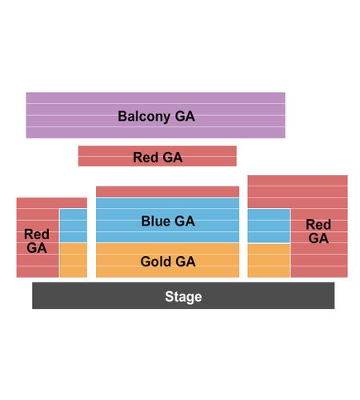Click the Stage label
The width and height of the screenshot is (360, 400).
[x=183, y=297]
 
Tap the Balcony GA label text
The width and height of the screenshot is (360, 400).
[x=156, y=116]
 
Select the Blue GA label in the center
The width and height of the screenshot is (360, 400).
[x=168, y=221]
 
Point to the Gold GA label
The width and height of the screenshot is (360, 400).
[x=168, y=262]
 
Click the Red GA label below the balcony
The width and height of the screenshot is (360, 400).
[x=158, y=157]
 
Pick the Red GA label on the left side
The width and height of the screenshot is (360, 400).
[x=37, y=241]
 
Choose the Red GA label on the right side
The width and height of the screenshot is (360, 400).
[x=318, y=231]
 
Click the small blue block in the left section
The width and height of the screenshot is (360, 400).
[x=74, y=226]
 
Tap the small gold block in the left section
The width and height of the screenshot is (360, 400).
[x=74, y=260]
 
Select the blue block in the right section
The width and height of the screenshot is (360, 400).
[x=269, y=226]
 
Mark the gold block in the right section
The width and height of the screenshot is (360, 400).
[x=269, y=261]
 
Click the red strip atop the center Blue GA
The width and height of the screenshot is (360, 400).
[x=167, y=191]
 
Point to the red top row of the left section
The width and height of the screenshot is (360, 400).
[x=52, y=202]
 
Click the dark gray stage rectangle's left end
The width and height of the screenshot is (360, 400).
[x=33, y=295]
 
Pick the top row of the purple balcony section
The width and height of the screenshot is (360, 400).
[x=155, y=98]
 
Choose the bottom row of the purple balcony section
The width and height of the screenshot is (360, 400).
[x=155, y=133]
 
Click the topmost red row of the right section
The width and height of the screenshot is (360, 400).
[x=298, y=181]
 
